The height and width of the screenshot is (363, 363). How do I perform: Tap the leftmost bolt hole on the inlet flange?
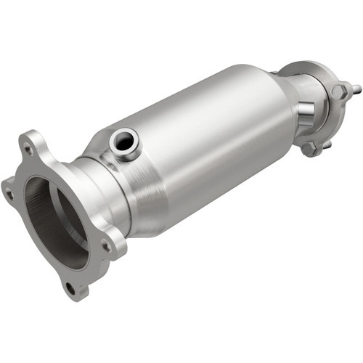pos(9,194)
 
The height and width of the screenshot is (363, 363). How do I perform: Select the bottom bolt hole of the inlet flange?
pos(70,287)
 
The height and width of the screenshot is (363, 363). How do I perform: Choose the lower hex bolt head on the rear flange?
pos(310,149)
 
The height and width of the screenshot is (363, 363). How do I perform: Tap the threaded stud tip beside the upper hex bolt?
pos(356,90)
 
